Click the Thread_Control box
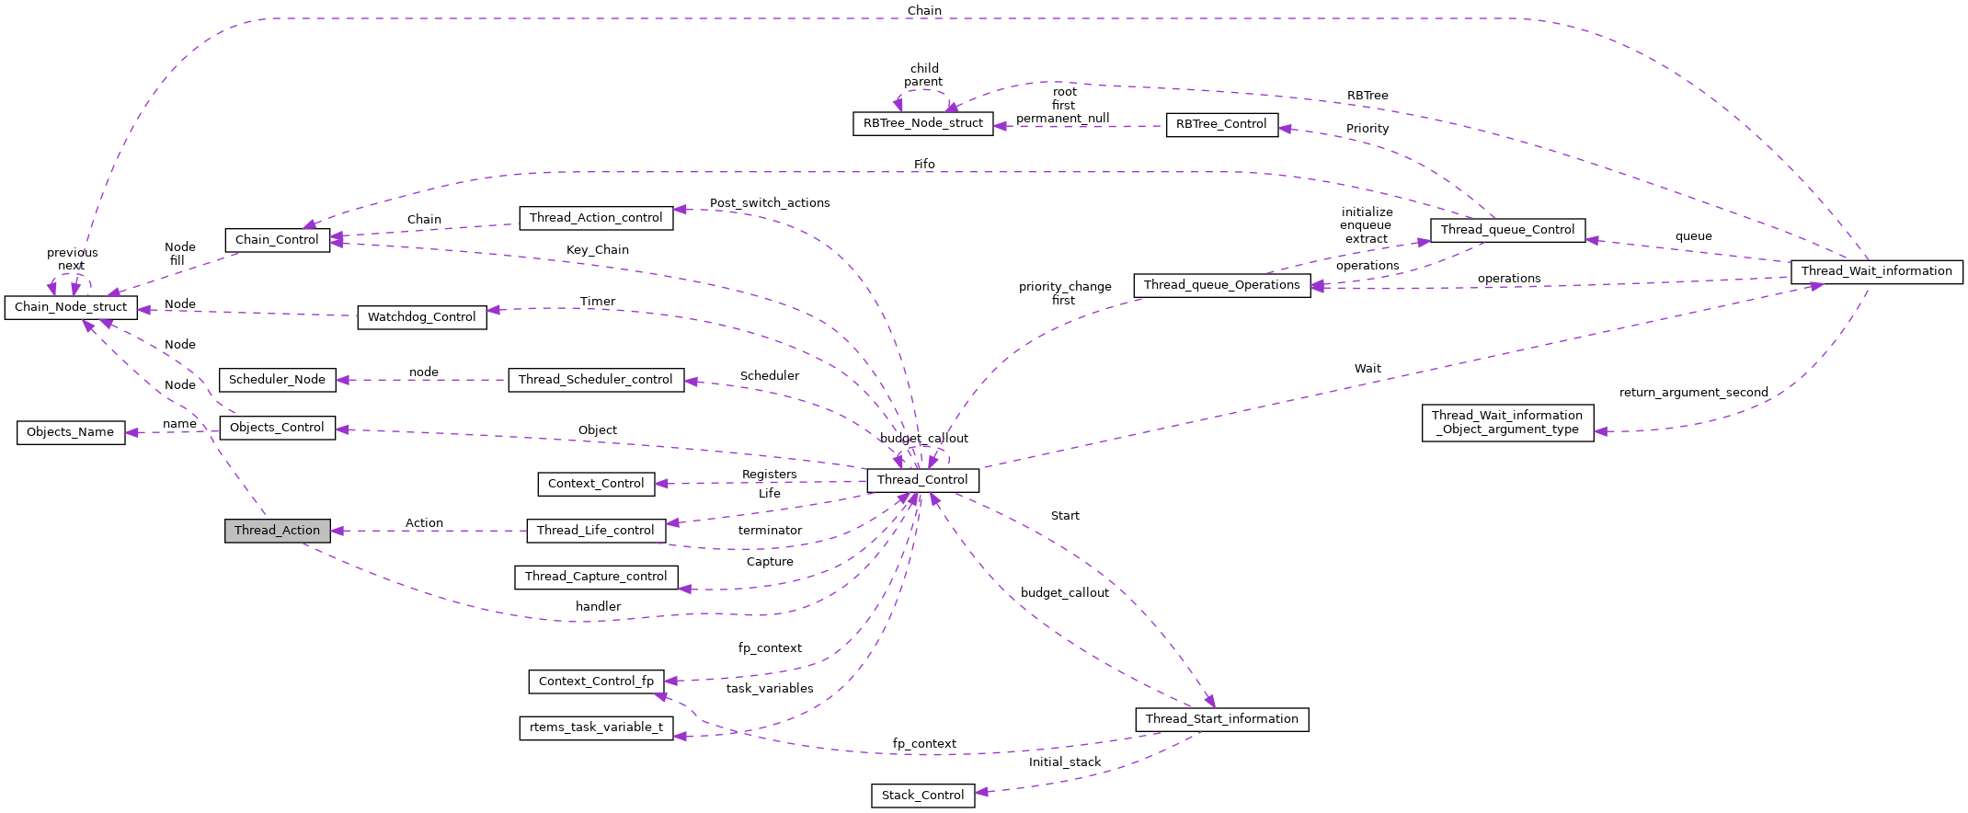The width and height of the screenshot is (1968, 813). point(922,480)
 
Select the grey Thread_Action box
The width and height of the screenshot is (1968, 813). point(277,531)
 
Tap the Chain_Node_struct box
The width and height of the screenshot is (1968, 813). point(71,307)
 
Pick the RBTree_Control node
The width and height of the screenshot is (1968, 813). point(1221,124)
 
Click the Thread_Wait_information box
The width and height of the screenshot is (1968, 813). point(1876,271)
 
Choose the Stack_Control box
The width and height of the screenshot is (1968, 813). point(922,796)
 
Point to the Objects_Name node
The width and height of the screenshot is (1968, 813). point(70,432)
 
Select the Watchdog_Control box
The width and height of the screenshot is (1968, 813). point(421,317)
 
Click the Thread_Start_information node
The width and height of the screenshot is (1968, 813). point(1221,719)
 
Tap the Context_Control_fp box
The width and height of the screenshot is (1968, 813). point(596,681)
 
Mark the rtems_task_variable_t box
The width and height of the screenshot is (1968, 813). point(596,727)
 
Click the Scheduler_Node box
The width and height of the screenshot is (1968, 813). point(277,380)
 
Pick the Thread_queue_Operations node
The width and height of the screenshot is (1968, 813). point(1221,285)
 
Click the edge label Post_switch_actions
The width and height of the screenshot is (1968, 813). point(770,203)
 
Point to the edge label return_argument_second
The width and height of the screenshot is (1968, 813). point(1693,393)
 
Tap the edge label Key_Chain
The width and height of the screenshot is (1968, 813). point(598,250)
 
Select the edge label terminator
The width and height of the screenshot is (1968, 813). point(770,531)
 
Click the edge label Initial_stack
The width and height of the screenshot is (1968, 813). point(1064,762)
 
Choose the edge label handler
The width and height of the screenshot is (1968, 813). point(598,607)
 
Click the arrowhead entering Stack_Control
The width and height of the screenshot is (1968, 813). point(981,792)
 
